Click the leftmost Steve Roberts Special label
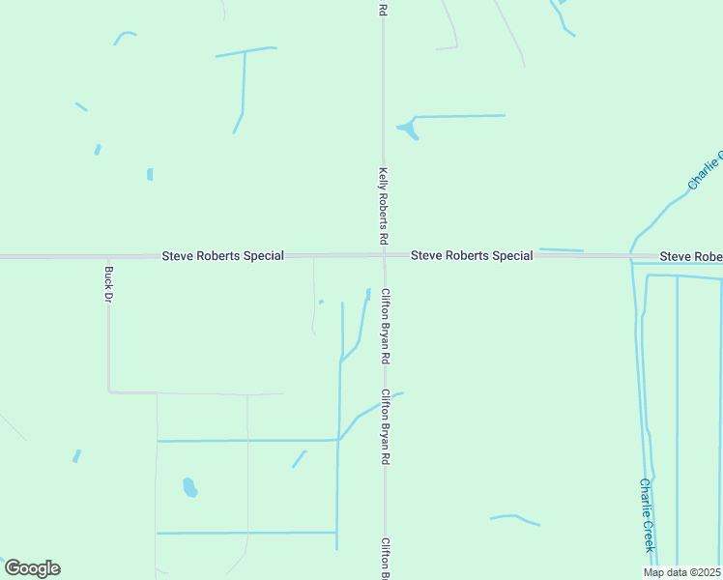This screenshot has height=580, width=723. click(x=222, y=256)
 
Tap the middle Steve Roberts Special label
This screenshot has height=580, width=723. click(x=472, y=256)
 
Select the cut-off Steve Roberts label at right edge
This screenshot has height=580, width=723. click(x=690, y=256)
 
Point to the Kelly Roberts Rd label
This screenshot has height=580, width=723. click(x=384, y=204)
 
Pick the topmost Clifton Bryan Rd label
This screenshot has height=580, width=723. click(x=386, y=326)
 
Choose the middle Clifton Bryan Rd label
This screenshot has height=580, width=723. click(x=386, y=427)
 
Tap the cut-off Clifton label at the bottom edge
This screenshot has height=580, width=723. click(x=386, y=558)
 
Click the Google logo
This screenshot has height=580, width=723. click(x=32, y=568)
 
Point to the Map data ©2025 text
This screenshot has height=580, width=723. click(x=682, y=572)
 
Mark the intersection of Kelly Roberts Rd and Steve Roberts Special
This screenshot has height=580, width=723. click(x=384, y=256)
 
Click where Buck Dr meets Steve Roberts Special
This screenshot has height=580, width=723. click(x=108, y=257)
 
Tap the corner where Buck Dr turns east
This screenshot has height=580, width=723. click(x=109, y=391)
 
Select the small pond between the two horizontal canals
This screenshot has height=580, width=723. click(x=189, y=487)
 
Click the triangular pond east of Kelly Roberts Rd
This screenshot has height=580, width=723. click(x=409, y=130)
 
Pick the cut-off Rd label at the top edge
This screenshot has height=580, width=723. click(x=384, y=9)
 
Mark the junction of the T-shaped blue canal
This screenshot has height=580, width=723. click(x=245, y=50)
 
